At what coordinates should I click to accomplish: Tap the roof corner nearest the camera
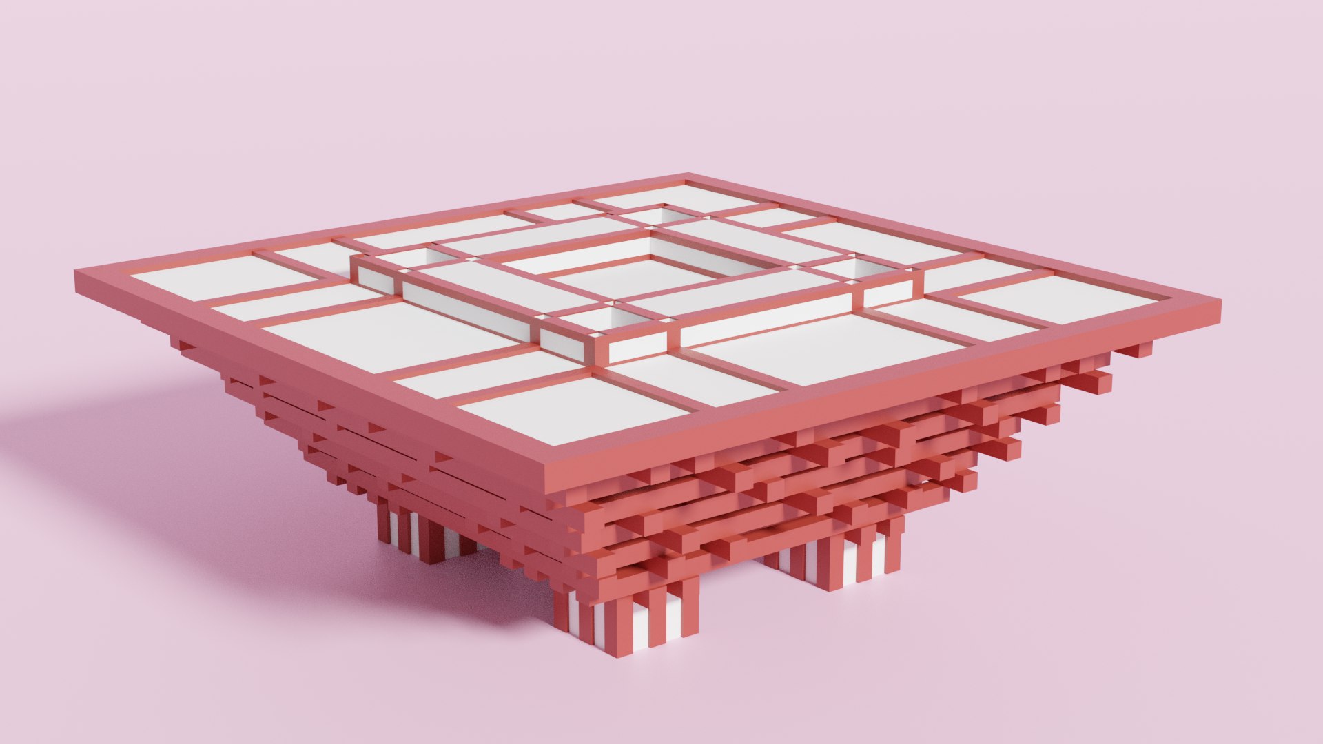[548, 475]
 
